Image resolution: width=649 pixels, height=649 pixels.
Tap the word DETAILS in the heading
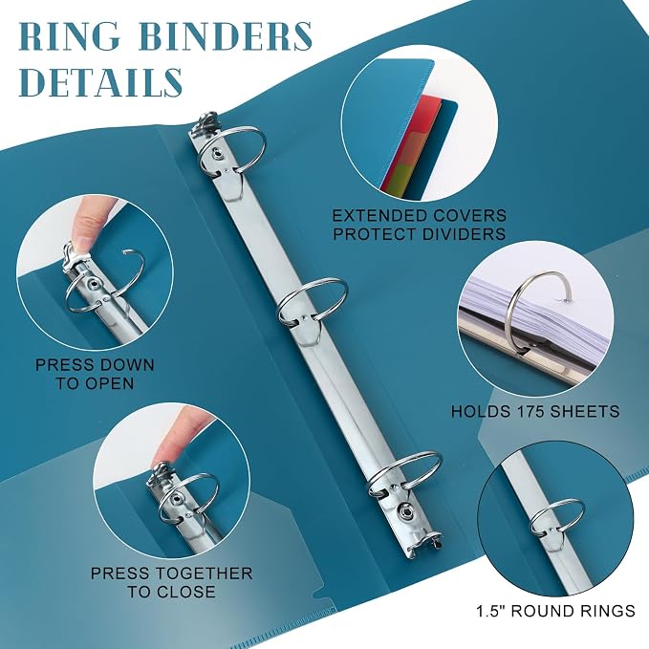[101, 81]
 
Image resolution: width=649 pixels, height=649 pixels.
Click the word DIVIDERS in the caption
[464, 234]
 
